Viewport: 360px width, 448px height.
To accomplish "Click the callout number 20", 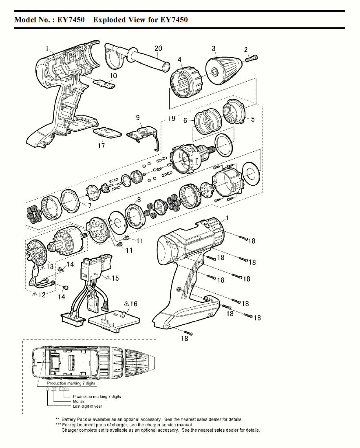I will [158, 48].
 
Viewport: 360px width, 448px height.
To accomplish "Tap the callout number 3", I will [214, 49].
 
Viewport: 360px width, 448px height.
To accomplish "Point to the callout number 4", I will [180, 60].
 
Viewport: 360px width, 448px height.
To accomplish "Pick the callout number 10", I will [113, 75].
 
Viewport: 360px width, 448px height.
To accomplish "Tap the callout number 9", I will [139, 118].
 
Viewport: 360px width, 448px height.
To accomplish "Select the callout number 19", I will [172, 118].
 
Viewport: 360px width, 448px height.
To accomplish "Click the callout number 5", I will [253, 119].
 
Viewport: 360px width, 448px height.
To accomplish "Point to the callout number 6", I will [185, 121].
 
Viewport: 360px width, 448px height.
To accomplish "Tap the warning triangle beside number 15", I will [108, 278].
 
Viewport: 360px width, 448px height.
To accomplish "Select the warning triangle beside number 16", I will [126, 304].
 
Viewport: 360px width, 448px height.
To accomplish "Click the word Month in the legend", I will [78, 401].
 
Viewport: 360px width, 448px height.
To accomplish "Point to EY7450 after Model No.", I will [71, 20].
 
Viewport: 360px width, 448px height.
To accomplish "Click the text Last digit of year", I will [88, 406].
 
